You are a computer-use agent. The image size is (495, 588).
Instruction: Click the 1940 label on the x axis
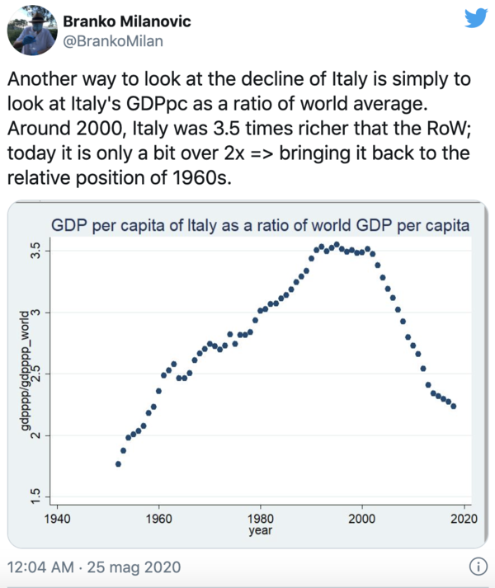tap(57, 519)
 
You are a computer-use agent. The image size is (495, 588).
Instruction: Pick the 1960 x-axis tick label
tap(158, 519)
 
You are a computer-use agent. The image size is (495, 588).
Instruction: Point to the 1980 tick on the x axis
tap(261, 519)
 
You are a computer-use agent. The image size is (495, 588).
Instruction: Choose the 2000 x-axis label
tap(362, 519)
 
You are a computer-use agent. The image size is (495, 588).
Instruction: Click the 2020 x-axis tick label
tap(464, 519)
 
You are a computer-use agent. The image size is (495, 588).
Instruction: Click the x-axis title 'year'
tap(260, 531)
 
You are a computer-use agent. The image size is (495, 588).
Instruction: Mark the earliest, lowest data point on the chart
tap(118, 464)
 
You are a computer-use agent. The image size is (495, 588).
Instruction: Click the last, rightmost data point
tap(454, 406)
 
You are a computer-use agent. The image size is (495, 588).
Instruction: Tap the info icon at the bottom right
tap(476, 567)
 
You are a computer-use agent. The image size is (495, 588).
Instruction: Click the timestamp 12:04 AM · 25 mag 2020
tap(92, 567)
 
